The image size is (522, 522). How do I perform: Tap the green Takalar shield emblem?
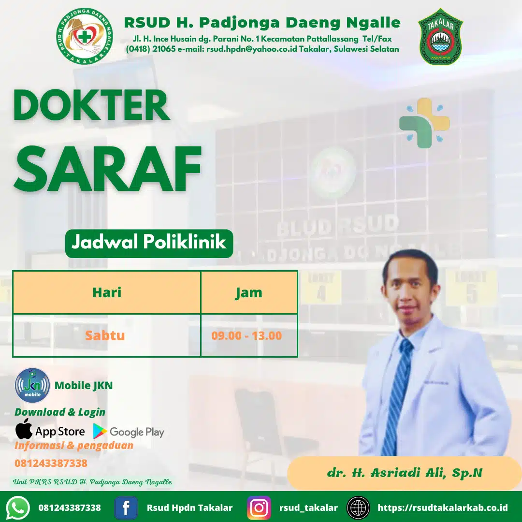tap(440, 37)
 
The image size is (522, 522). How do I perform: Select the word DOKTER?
tap(91, 105)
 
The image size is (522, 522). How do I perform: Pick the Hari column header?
tap(107, 292)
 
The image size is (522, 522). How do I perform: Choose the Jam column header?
tap(249, 292)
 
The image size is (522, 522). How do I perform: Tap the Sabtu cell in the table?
tap(105, 335)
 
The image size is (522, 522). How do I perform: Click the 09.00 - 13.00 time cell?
tap(246, 335)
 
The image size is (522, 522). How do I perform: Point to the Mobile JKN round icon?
tap(32, 385)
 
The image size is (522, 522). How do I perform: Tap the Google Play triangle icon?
tap(100, 431)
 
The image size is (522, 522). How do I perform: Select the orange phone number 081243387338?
tap(51, 463)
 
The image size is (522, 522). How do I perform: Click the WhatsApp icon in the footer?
tap(18, 507)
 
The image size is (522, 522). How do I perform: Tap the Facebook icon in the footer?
tap(126, 507)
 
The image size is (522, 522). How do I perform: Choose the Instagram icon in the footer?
tap(259, 507)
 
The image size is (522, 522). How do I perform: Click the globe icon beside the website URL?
tap(358, 507)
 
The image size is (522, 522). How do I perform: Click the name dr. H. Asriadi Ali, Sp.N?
tap(405, 473)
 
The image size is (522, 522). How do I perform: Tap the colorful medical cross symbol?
tap(424, 123)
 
